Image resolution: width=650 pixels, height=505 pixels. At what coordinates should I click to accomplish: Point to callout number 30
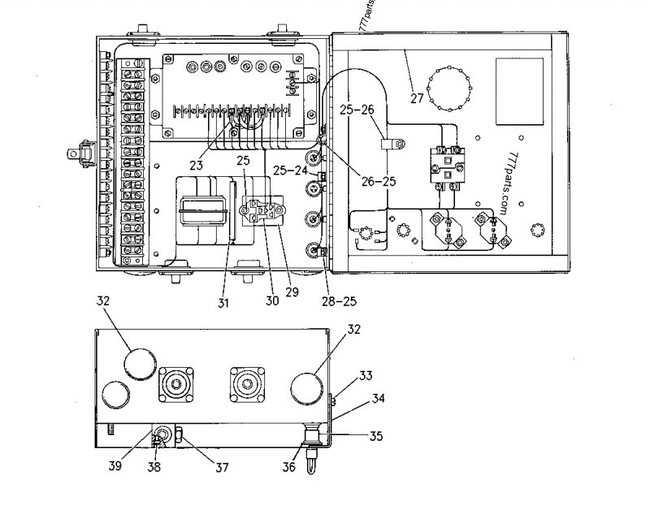(272, 300)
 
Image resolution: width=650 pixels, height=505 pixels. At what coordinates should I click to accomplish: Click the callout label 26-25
(379, 181)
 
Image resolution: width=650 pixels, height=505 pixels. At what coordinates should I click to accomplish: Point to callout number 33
(366, 375)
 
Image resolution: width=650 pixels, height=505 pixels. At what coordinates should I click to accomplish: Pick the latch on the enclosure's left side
(79, 151)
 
